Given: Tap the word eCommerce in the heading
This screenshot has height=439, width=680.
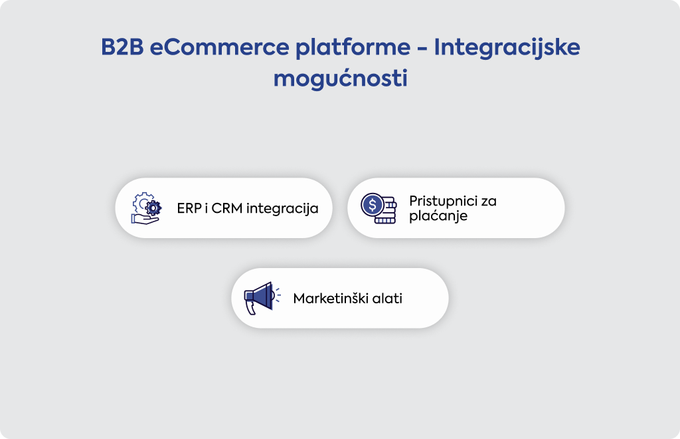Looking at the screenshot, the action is tap(219, 47).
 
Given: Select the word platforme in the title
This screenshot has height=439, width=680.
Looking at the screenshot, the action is tap(353, 48).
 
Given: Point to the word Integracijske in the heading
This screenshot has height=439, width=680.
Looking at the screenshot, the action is tap(507, 48).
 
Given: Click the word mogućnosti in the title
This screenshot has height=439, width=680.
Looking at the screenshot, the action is tap(341, 78).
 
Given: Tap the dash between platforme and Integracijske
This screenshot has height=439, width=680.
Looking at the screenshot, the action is tap(422, 48).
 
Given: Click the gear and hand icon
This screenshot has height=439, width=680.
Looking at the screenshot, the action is tap(146, 208).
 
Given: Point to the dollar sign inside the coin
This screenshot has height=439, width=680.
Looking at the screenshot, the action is tap(373, 204).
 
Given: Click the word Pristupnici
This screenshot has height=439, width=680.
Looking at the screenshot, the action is tap(440, 202).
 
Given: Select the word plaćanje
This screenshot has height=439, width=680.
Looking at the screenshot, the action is tap(438, 216).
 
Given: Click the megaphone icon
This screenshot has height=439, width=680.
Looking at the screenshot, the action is tap(262, 298).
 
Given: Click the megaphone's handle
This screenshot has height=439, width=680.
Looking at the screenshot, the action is tap(250, 307).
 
